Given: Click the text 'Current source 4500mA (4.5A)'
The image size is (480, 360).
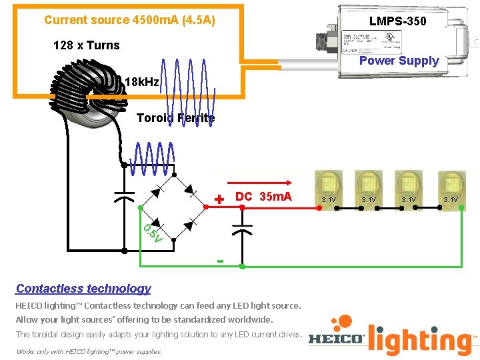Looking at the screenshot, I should pyautogui.click(x=129, y=20).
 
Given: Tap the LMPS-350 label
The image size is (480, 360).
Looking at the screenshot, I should pyautogui.click(x=397, y=21).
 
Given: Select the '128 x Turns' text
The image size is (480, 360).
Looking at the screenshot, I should pyautogui.click(x=86, y=45).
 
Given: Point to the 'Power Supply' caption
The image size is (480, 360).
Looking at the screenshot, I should pyautogui.click(x=399, y=61).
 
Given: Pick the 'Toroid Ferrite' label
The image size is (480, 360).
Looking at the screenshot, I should pyautogui.click(x=175, y=118).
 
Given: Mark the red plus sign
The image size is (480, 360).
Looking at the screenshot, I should pyautogui.click(x=220, y=198).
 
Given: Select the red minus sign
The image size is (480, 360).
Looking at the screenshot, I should pyautogui.click(x=220, y=260).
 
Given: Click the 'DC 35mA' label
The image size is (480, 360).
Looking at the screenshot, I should pyautogui.click(x=263, y=197).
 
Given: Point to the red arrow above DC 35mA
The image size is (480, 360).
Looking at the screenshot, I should pyautogui.click(x=260, y=181).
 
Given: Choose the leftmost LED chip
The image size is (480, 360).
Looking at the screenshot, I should pyautogui.click(x=329, y=183).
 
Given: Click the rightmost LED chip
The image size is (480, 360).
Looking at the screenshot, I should pyautogui.click(x=450, y=183).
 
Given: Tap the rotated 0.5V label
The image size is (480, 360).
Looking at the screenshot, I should pyautogui.click(x=153, y=233).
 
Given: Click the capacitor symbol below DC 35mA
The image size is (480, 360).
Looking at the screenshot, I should pyautogui.click(x=241, y=230).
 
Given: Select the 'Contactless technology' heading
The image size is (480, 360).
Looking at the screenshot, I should pyautogui.click(x=83, y=289).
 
